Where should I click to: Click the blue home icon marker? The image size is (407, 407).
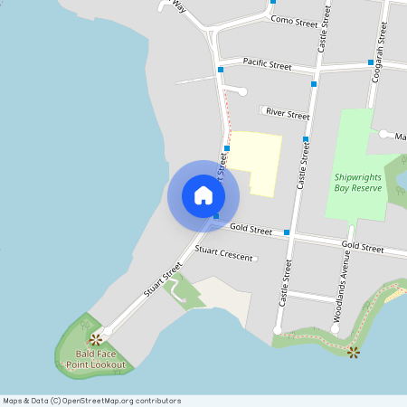point(203,195)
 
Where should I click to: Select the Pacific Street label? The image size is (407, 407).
point(267,66)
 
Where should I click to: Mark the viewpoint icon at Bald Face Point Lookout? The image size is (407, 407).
point(95,340)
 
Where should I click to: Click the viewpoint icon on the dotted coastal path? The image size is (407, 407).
point(354,352)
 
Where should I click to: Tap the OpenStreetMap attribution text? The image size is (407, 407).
point(91,401)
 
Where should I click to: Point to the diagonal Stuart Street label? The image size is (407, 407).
point(163,281)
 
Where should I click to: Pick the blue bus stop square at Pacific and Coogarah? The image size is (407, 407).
point(371,62)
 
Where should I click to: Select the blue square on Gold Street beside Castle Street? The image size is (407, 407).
point(287,232)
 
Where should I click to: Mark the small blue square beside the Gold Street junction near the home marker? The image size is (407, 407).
point(216,215)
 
